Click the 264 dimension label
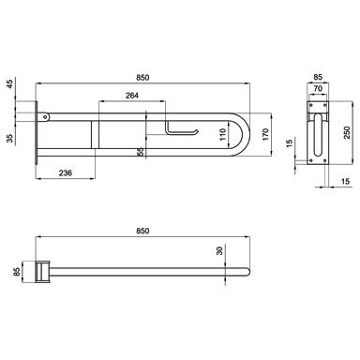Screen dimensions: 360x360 [x=132, y=96]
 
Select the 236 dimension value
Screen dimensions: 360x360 [x=66, y=172]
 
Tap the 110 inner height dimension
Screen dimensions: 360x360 [x=222, y=135]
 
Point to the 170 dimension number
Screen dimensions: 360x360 [x=265, y=135]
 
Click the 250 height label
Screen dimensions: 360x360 [x=347, y=132]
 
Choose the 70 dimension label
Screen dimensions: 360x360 [x=318, y=89]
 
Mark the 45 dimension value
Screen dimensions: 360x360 [x=10, y=84]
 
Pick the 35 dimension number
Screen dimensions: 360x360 [x=10, y=138]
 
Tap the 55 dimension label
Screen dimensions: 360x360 [x=142, y=152]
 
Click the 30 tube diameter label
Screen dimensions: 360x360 [x=220, y=250]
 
